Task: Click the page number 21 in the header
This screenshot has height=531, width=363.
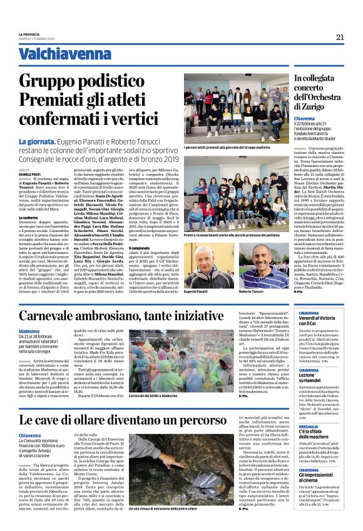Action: pos(340,37)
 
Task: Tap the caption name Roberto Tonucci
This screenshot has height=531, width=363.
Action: pos(252,292)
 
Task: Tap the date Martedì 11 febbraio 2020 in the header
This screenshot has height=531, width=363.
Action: pos(38,39)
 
